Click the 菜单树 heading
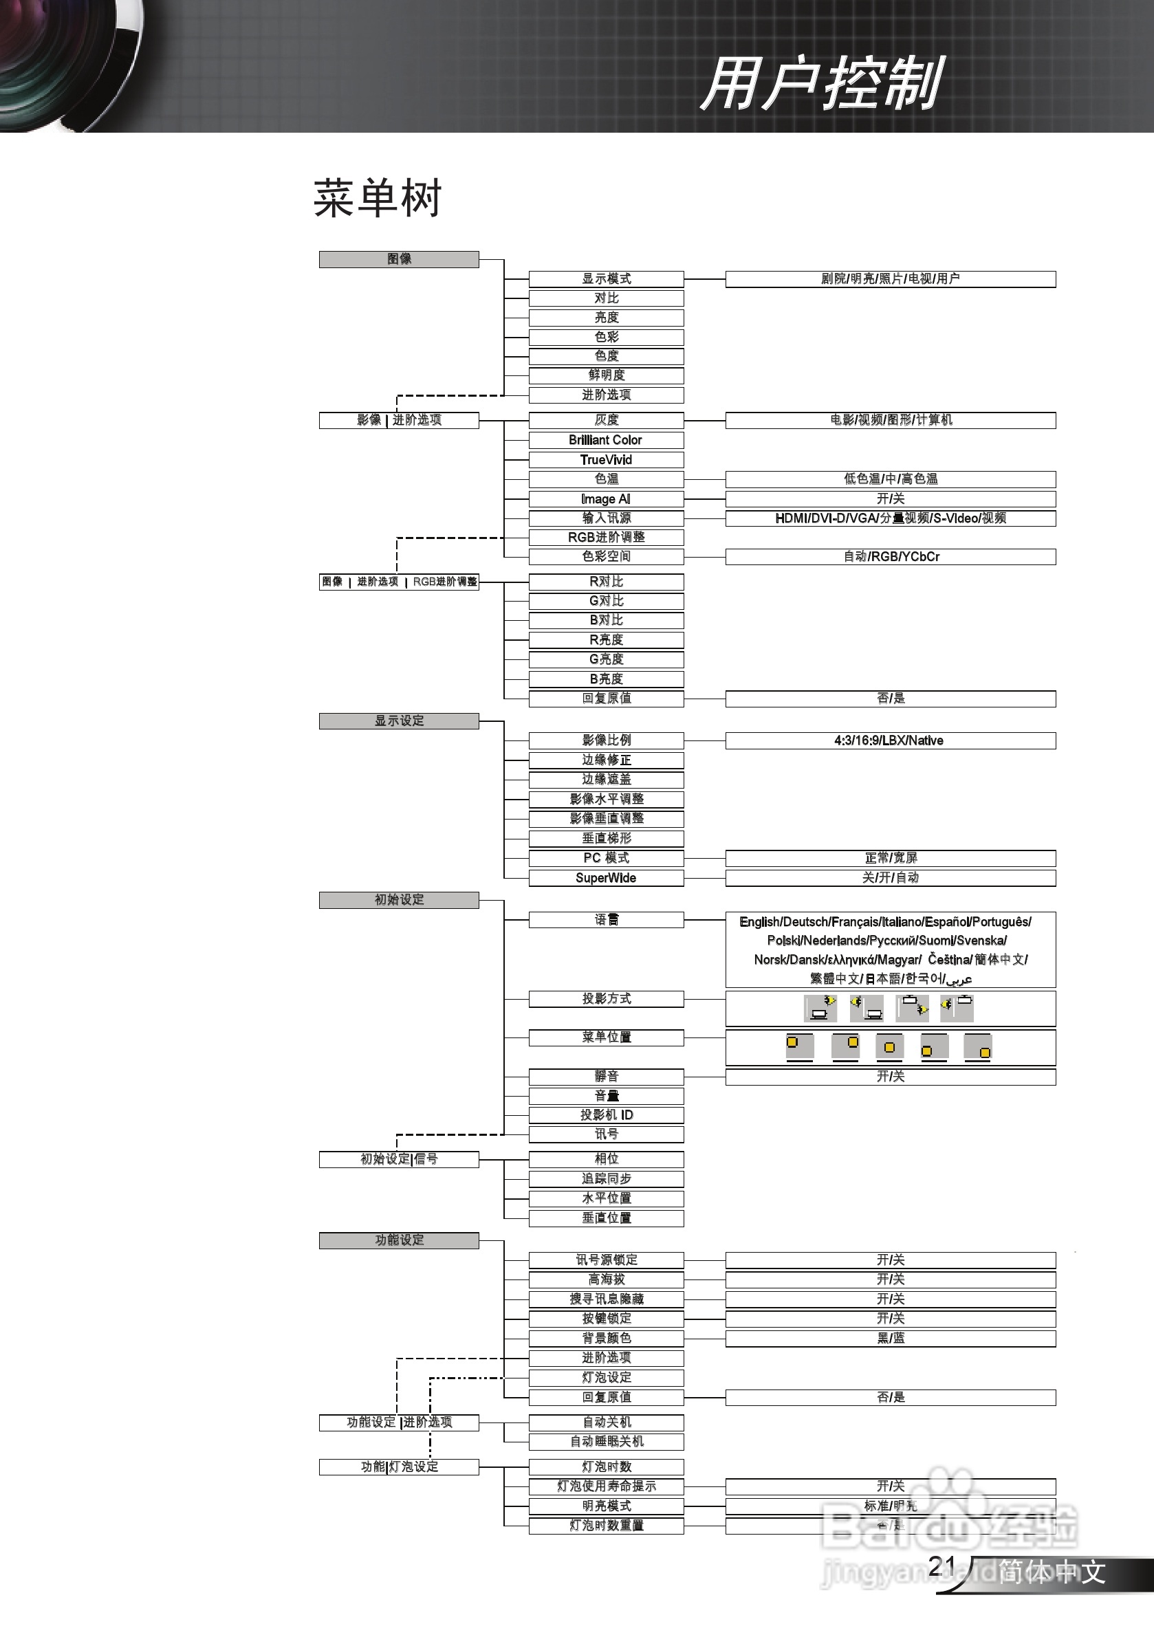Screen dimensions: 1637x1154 click(378, 197)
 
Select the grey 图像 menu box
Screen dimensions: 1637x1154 click(399, 259)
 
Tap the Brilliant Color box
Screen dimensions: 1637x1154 click(605, 440)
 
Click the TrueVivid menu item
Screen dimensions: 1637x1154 click(605, 460)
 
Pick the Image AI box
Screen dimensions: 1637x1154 click(605, 499)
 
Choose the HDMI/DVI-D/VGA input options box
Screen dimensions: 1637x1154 click(890, 518)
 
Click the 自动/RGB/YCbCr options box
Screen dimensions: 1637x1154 click(890, 557)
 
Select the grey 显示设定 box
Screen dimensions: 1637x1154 click(399, 721)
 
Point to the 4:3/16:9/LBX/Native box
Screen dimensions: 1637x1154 click(890, 740)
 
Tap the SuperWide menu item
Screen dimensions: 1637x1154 click(605, 878)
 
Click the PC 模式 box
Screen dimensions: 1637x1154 click(605, 858)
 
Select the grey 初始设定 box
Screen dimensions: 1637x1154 click(399, 900)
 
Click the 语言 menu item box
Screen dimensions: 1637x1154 click(605, 920)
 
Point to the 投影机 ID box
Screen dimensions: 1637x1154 click(605, 1115)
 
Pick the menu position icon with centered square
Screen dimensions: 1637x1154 click(889, 1046)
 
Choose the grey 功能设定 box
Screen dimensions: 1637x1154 click(399, 1240)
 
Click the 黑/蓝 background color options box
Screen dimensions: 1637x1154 click(890, 1338)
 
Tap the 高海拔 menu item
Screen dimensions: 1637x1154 click(605, 1279)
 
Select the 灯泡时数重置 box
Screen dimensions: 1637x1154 click(605, 1525)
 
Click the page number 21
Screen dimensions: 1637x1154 click(942, 1566)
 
